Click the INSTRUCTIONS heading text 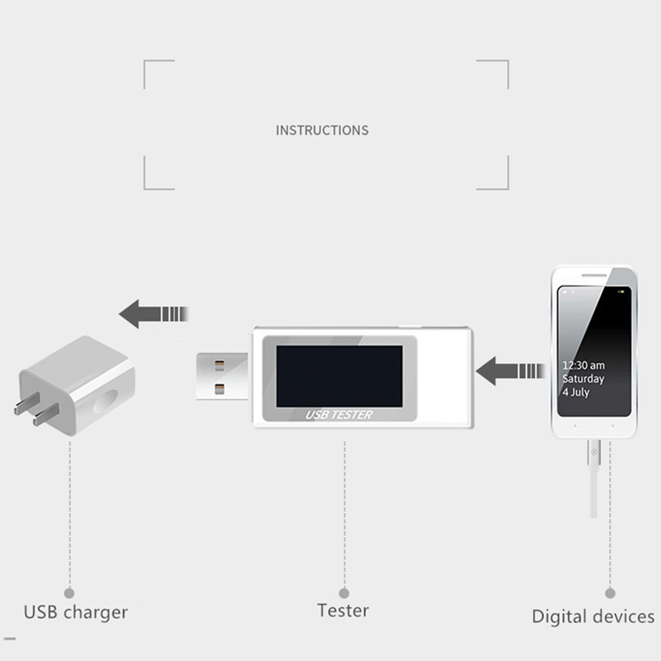click(x=322, y=131)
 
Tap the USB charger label click(x=75, y=612)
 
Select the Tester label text click(x=343, y=611)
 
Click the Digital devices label click(x=593, y=616)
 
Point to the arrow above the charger click(x=154, y=314)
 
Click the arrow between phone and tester click(x=510, y=371)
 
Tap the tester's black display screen click(x=340, y=376)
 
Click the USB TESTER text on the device click(x=339, y=415)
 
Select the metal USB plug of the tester click(x=222, y=376)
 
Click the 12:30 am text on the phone click(x=583, y=365)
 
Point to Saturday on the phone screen click(x=583, y=378)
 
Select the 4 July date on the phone click(x=576, y=392)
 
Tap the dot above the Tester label click(x=344, y=593)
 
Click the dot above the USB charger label click(x=69, y=593)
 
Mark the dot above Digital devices click(x=610, y=593)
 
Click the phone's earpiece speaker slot click(x=594, y=276)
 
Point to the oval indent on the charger click(x=105, y=402)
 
